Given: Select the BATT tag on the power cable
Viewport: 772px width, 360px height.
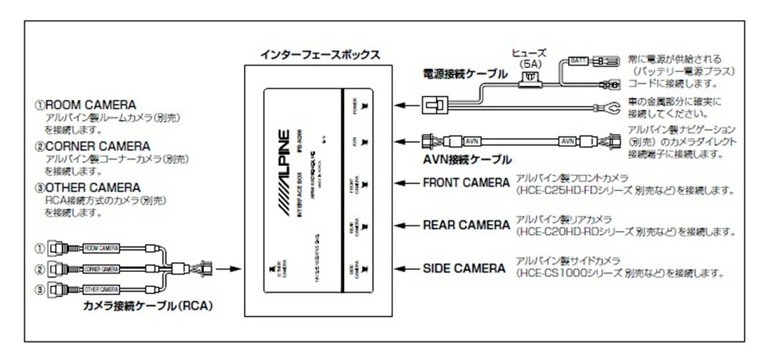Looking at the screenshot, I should pos(577,62).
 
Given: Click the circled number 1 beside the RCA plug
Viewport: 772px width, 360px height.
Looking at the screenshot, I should pos(40,248).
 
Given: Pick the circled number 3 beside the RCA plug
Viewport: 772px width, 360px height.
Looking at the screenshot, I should pos(40,291).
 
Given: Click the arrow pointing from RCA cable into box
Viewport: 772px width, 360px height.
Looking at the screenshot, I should pos(227,270).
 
